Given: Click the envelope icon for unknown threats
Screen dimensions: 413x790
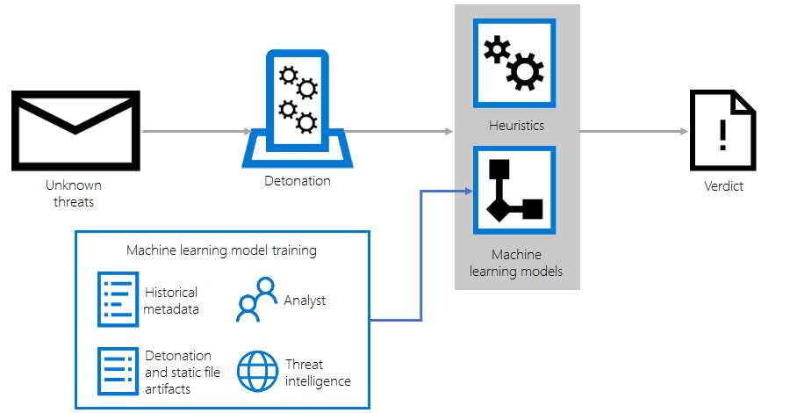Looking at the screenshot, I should click(x=74, y=128).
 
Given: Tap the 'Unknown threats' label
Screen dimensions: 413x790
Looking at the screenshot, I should click(x=74, y=193).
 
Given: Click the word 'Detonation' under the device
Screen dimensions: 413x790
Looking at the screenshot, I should click(x=298, y=181).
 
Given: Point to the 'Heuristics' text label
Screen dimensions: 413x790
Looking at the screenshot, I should click(x=516, y=126).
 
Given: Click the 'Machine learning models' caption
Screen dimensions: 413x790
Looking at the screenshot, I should click(x=516, y=263).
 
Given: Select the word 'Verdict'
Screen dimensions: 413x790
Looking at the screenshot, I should click(x=723, y=186).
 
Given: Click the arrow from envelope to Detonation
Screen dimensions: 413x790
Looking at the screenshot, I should click(x=197, y=132).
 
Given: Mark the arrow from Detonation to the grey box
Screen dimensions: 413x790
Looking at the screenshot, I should click(x=399, y=132).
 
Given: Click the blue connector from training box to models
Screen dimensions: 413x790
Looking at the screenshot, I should click(x=422, y=255).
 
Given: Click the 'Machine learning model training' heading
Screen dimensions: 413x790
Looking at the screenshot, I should click(x=221, y=250).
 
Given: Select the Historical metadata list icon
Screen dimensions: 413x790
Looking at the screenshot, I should click(x=118, y=299).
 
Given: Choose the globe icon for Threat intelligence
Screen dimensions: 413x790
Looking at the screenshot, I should click(x=257, y=373).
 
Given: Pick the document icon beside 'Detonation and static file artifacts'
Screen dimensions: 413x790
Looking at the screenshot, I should click(x=118, y=371).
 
